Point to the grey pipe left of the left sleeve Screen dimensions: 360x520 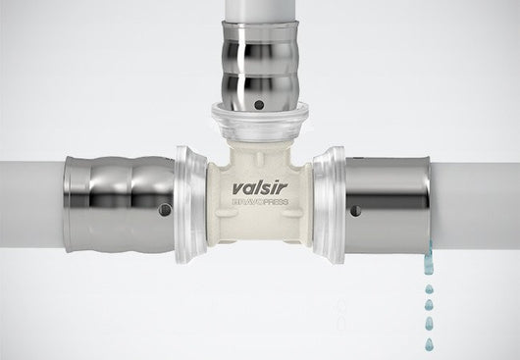point(29,202)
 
